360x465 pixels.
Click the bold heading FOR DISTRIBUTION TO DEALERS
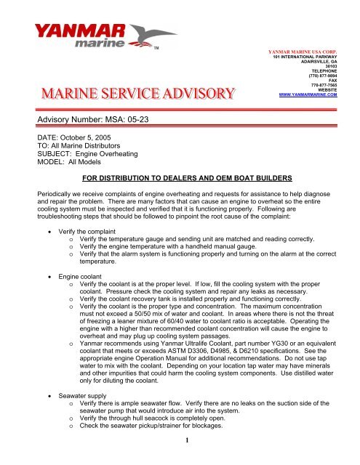(x=179, y=178)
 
